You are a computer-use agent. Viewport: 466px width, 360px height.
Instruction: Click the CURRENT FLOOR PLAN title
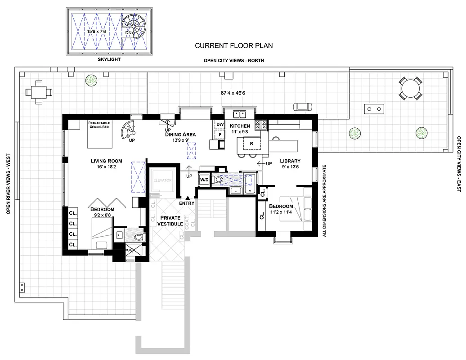[x=233, y=45]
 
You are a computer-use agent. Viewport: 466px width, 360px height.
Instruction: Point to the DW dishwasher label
[x=220, y=124]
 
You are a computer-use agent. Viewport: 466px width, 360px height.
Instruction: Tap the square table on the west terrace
[x=39, y=92]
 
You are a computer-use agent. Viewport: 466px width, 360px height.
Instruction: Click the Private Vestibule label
[x=170, y=221]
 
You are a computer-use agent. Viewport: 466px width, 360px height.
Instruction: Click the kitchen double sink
[x=239, y=114]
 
